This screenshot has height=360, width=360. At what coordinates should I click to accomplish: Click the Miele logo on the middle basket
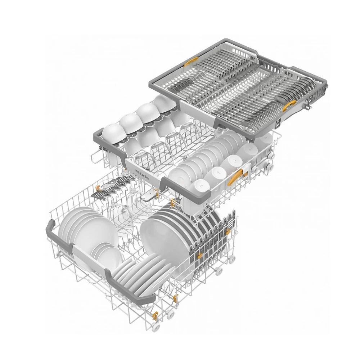(143, 174)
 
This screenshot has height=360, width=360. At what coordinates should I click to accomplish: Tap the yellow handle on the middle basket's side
(235, 177)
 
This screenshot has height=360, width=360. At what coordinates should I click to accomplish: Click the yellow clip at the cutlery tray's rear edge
(191, 62)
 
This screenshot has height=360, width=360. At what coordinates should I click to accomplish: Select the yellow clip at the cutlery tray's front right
(289, 105)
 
